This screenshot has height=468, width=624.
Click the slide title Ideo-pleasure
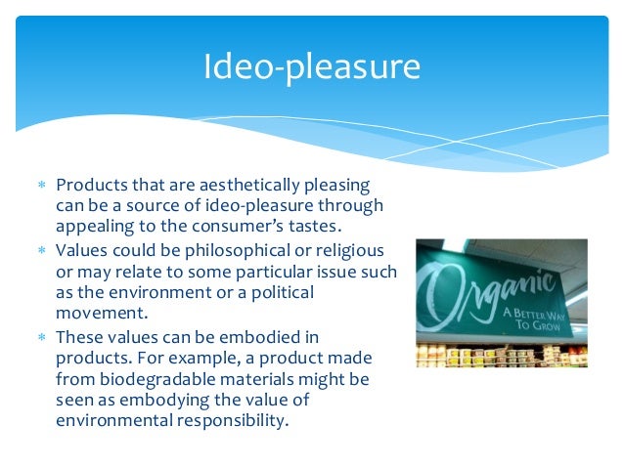click(x=312, y=67)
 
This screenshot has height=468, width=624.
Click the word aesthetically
click(x=238, y=186)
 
